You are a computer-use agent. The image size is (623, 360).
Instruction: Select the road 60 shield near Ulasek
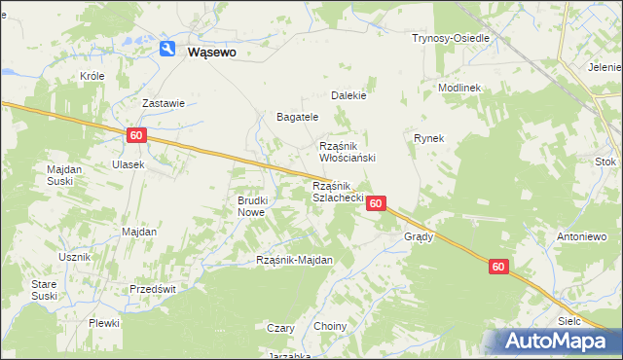coord(136,137)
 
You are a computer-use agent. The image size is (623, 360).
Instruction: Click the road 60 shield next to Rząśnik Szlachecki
coord(378,203)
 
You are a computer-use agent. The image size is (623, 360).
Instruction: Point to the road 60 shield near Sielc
coord(498,267)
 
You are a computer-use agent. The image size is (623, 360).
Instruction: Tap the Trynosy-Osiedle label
coord(450,38)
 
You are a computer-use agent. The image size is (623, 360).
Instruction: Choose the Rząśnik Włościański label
coord(348,151)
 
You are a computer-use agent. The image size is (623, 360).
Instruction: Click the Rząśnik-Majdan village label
coord(294,260)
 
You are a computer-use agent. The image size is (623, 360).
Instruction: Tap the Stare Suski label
coord(45,289)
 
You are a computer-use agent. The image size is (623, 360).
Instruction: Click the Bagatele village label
coord(298,117)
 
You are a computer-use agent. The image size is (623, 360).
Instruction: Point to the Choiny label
coord(329,326)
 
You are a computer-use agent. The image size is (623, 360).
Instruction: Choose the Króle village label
coord(92,75)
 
